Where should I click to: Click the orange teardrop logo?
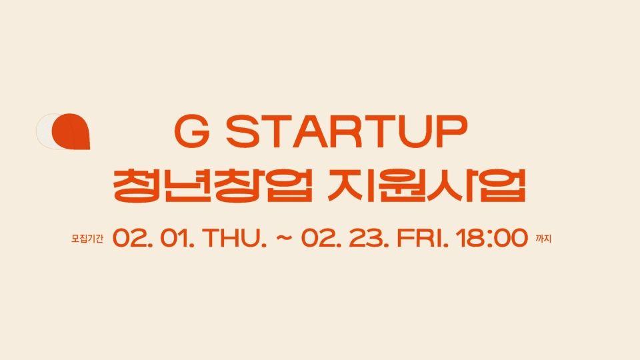click(x=71, y=131)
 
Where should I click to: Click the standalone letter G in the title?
click(x=192, y=131)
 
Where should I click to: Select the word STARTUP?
click(x=346, y=131)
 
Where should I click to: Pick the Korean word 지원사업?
click(x=427, y=185)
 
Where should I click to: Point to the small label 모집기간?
click(x=87, y=239)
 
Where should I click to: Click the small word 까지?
click(x=543, y=239)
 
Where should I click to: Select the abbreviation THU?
click(x=235, y=238)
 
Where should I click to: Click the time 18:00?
click(x=492, y=238)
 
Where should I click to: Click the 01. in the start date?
click(x=177, y=238)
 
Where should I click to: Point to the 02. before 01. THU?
click(x=133, y=238)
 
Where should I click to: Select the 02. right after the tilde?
click(x=321, y=238)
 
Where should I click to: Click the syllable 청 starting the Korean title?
click(x=137, y=185)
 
